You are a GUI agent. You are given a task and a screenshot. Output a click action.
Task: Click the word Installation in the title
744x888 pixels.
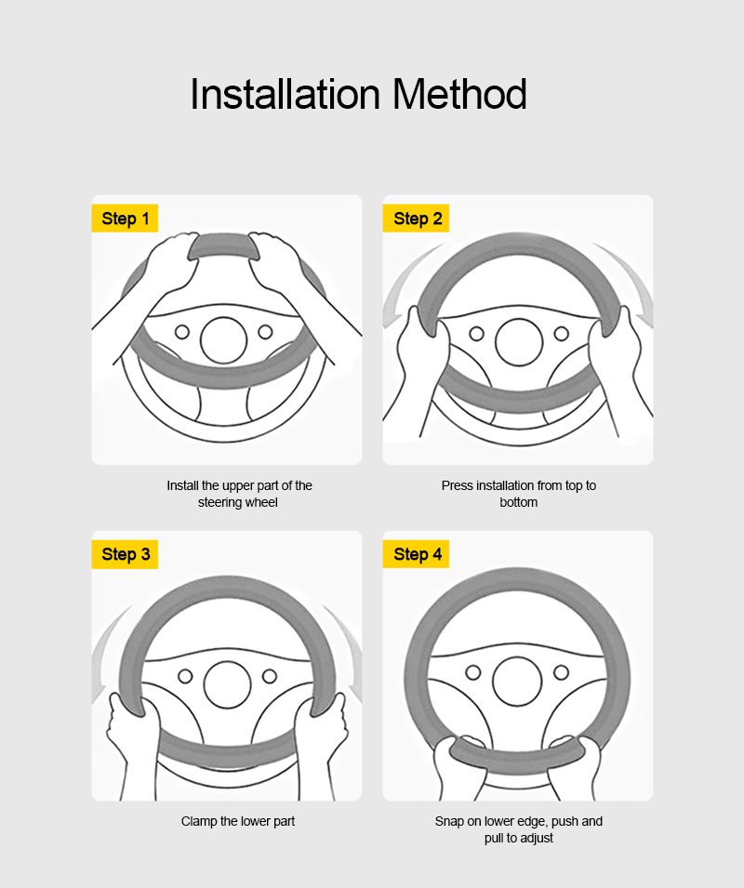[285, 95]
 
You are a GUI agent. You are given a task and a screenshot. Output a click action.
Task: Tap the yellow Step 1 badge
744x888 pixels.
[126, 219]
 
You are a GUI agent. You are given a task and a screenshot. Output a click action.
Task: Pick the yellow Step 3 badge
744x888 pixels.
[126, 554]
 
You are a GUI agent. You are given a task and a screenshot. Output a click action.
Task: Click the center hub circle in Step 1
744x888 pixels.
[224, 340]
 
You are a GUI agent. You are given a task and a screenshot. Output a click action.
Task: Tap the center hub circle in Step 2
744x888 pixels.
[519, 342]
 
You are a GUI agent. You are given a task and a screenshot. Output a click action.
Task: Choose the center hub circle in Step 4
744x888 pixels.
[517, 680]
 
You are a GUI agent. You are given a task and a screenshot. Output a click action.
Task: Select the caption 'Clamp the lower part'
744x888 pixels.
[238, 821]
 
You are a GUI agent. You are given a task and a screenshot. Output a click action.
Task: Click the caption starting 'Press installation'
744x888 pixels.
[519, 494]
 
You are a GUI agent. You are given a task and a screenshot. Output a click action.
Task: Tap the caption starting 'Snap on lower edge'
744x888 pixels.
[519, 829]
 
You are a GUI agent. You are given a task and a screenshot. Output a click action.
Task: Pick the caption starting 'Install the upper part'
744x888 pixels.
[239, 494]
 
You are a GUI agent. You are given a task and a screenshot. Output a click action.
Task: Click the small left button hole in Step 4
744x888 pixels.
[473, 671]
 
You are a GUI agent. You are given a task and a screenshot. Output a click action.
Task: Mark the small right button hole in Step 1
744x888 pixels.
[265, 332]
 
